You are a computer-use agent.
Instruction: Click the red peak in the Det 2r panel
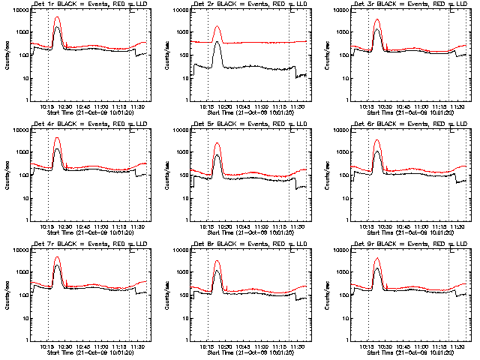[x=217, y=27]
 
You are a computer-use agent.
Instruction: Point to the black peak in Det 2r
[x=217, y=43]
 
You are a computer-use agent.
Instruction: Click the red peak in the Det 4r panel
[x=58, y=138]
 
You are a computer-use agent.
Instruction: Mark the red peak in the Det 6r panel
[x=378, y=140]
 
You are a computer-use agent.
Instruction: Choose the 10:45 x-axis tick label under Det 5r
[x=242, y=226]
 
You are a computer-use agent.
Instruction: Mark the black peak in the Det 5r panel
[x=217, y=156]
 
